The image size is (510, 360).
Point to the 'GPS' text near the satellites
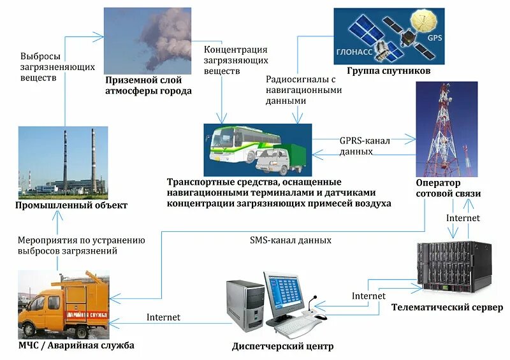(x=434, y=38)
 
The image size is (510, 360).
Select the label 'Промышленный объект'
(x=72, y=205)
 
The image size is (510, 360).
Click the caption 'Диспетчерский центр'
(x=283, y=347)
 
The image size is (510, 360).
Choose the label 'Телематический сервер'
(x=448, y=308)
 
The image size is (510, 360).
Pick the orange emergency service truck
(x=63, y=305)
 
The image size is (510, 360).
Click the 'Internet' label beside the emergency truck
(x=163, y=317)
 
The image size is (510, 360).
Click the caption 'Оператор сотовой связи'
(x=448, y=188)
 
